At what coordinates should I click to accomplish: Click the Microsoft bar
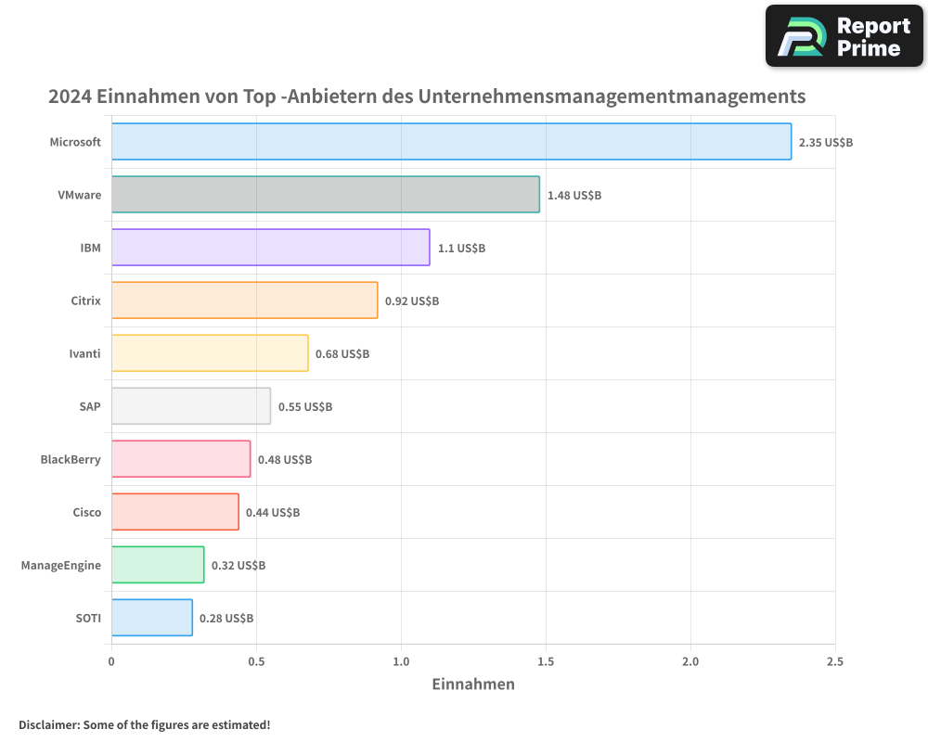pos(451,142)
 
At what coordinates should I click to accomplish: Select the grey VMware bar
pos(325,195)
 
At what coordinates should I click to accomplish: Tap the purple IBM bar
pos(270,248)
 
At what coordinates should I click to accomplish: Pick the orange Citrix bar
pos(244,301)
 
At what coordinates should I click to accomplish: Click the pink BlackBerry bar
pos(181,459)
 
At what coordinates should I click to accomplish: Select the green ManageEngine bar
pos(158,565)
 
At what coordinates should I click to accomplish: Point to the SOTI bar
pos(152,618)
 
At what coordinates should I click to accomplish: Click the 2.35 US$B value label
pos(825,143)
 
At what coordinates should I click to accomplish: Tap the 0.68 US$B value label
pos(342,354)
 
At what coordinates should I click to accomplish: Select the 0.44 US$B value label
pos(273,513)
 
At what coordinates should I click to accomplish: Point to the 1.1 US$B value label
pos(461,249)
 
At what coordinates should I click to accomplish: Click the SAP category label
pos(90,406)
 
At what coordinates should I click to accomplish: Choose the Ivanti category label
pos(84,353)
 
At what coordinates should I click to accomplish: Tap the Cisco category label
pos(86,512)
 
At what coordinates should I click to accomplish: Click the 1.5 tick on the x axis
pos(546,661)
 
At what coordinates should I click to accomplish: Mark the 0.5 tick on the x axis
pos(256,661)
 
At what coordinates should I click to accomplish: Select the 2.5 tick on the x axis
pos(835,661)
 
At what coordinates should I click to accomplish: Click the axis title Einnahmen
pos(473,684)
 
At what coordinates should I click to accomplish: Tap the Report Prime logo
pos(844,36)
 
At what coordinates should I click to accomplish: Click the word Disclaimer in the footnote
pos(47,724)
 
